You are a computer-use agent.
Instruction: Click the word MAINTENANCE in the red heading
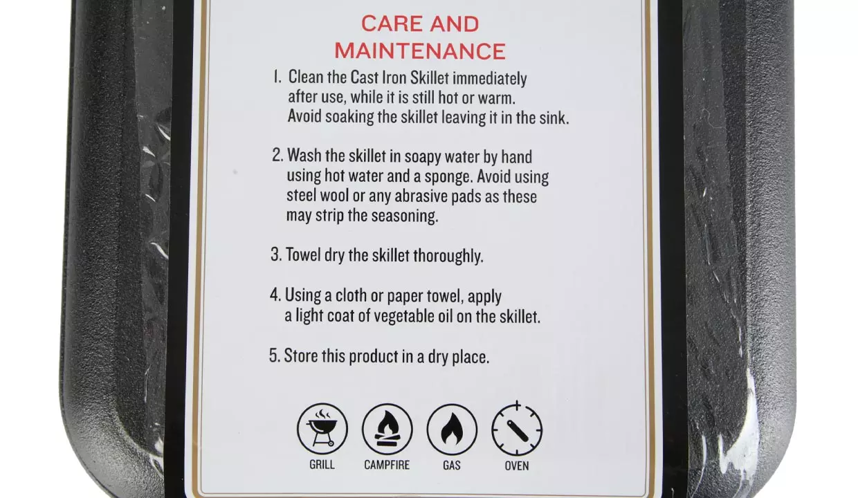420,51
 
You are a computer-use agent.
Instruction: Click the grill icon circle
322,429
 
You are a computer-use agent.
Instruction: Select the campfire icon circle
387,429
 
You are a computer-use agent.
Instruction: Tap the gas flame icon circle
452,430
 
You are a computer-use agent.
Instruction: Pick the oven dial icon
517,429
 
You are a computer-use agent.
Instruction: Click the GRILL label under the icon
322,465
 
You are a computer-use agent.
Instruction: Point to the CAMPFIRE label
387,465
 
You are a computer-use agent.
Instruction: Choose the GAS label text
452,465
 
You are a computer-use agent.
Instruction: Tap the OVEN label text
517,466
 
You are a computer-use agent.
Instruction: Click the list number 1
277,77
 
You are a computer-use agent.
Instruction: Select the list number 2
277,155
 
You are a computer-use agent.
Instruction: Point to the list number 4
276,295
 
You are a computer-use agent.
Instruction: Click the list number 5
275,356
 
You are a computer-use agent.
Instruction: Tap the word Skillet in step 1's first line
430,77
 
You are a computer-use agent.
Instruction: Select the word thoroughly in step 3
448,256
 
